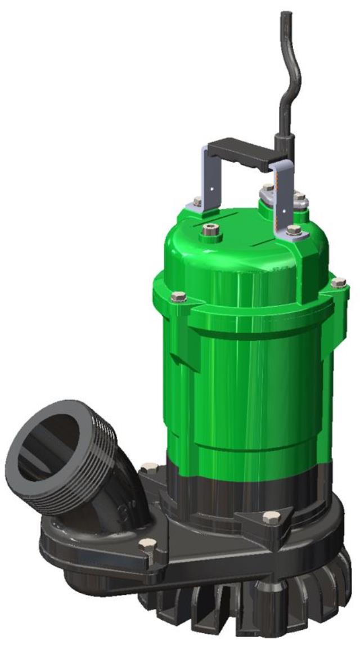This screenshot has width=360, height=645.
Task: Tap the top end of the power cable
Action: [285, 15]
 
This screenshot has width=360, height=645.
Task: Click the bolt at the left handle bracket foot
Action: [197, 201]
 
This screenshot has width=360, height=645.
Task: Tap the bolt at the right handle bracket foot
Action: [293, 229]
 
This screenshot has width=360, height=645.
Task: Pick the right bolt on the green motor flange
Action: [338, 283]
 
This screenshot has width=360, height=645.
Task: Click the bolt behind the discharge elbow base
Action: [149, 467]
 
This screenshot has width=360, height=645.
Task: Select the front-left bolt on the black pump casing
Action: [147, 544]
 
